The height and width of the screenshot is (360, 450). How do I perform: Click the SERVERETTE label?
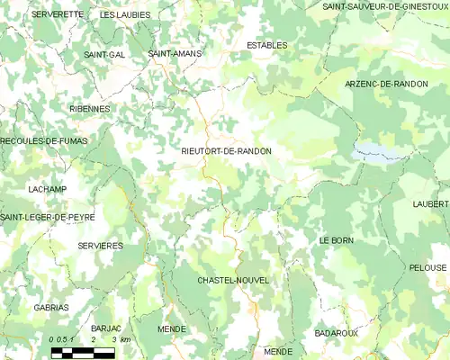(x=57, y=14)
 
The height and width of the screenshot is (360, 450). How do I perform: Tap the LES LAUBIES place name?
(x=125, y=15)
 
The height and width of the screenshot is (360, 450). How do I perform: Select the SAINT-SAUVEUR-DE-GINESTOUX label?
(x=385, y=6)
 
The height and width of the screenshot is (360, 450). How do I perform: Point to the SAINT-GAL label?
(x=104, y=54)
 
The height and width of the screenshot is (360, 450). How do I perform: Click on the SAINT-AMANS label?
(x=175, y=54)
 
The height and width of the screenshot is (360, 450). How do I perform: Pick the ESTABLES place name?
(x=266, y=44)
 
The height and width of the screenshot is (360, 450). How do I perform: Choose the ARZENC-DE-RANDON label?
(x=386, y=84)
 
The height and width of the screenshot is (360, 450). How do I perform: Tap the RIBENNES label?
(x=89, y=108)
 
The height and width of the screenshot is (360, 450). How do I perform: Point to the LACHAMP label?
(x=47, y=189)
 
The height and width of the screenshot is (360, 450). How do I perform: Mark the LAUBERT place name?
(x=430, y=204)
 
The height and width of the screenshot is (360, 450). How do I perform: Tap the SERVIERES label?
(x=100, y=245)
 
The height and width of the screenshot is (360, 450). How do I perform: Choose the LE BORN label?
(x=336, y=241)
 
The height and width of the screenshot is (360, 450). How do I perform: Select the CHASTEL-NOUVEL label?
(x=233, y=281)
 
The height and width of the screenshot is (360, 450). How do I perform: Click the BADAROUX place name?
(x=336, y=333)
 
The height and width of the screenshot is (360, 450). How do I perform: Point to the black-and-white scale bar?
(x=83, y=352)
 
